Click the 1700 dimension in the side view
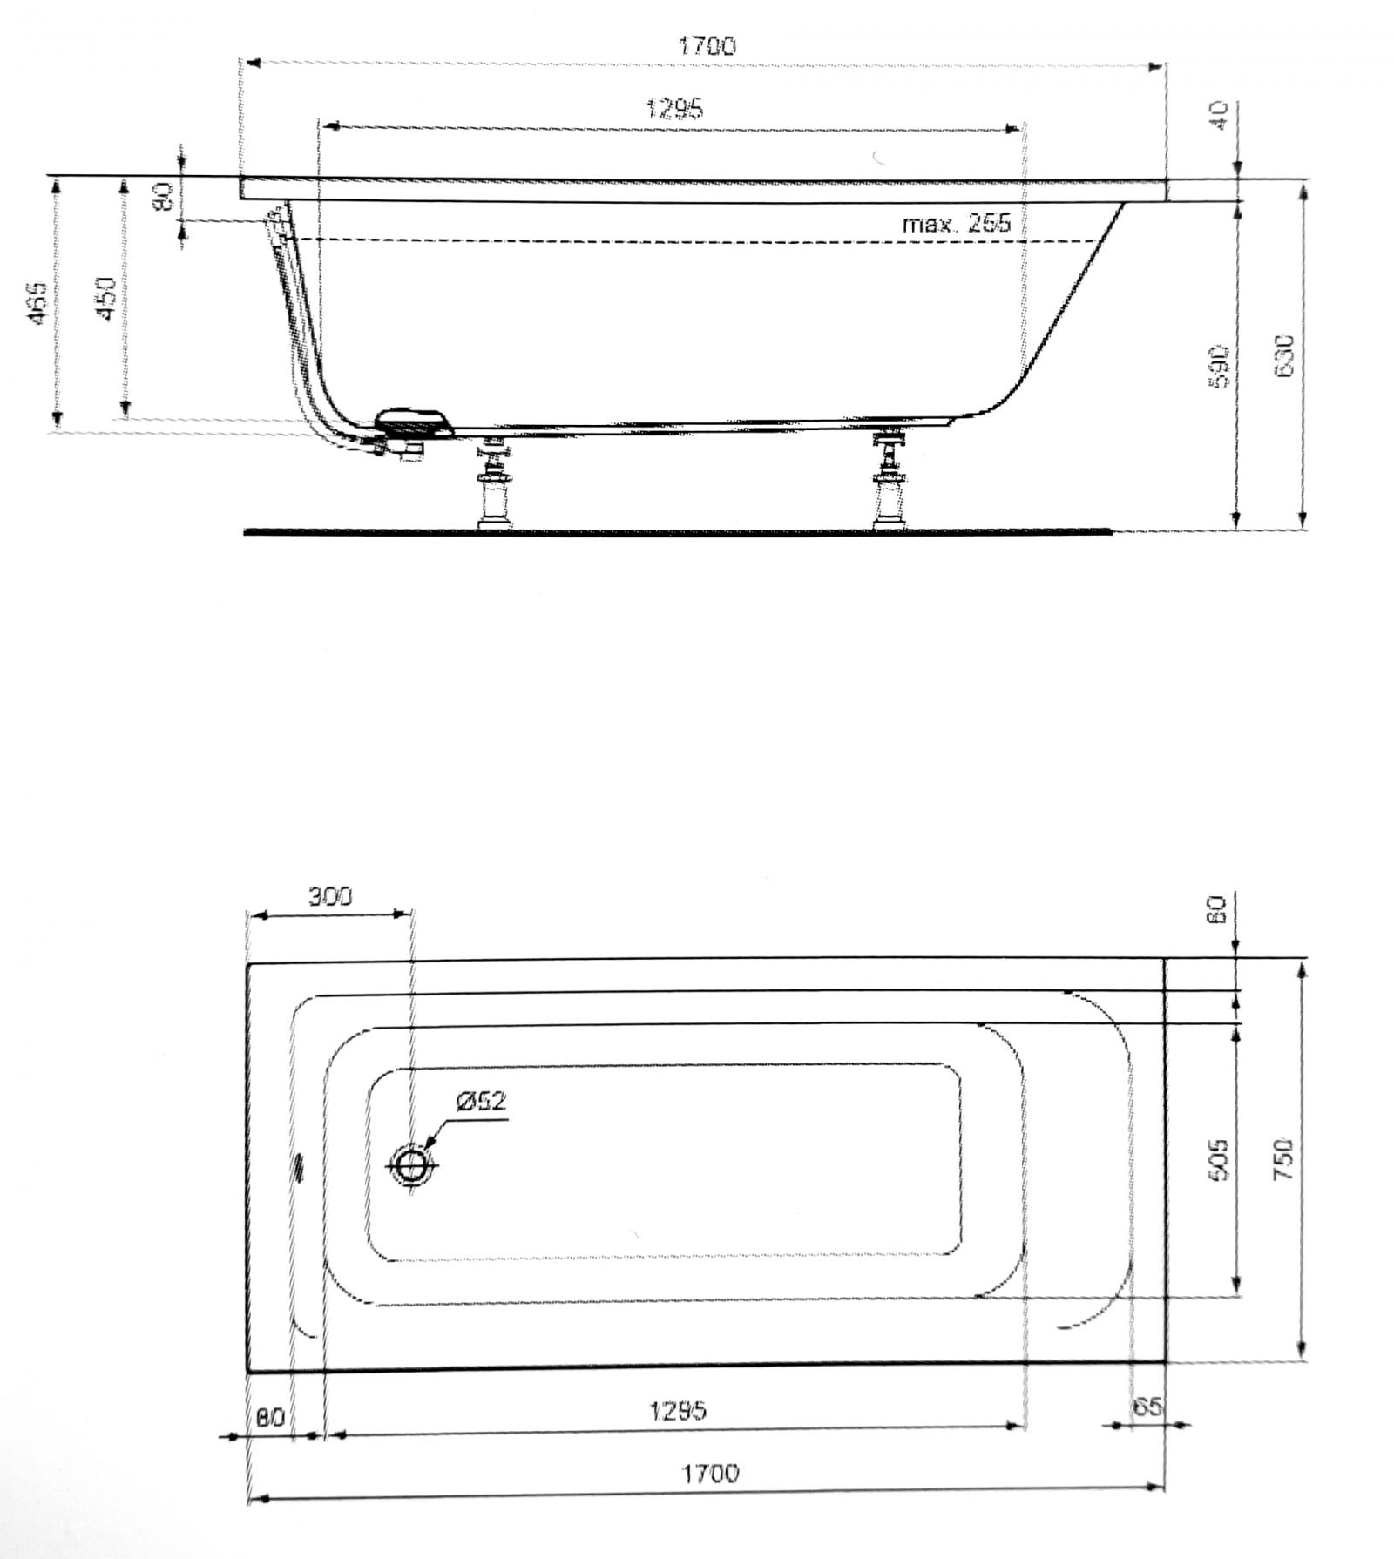[x=707, y=45]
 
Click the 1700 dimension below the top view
[x=709, y=1473]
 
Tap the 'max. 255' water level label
[x=956, y=224]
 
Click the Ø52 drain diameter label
[x=480, y=1101]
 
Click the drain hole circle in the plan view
[x=411, y=1164]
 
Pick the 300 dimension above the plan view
[x=330, y=896]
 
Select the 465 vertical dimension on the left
[x=37, y=303]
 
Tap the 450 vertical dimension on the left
[x=105, y=298]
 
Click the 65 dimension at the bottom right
[x=1148, y=1407]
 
